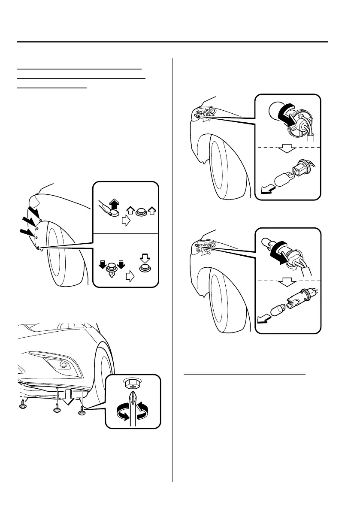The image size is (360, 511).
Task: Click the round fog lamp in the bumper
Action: point(64,364)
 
